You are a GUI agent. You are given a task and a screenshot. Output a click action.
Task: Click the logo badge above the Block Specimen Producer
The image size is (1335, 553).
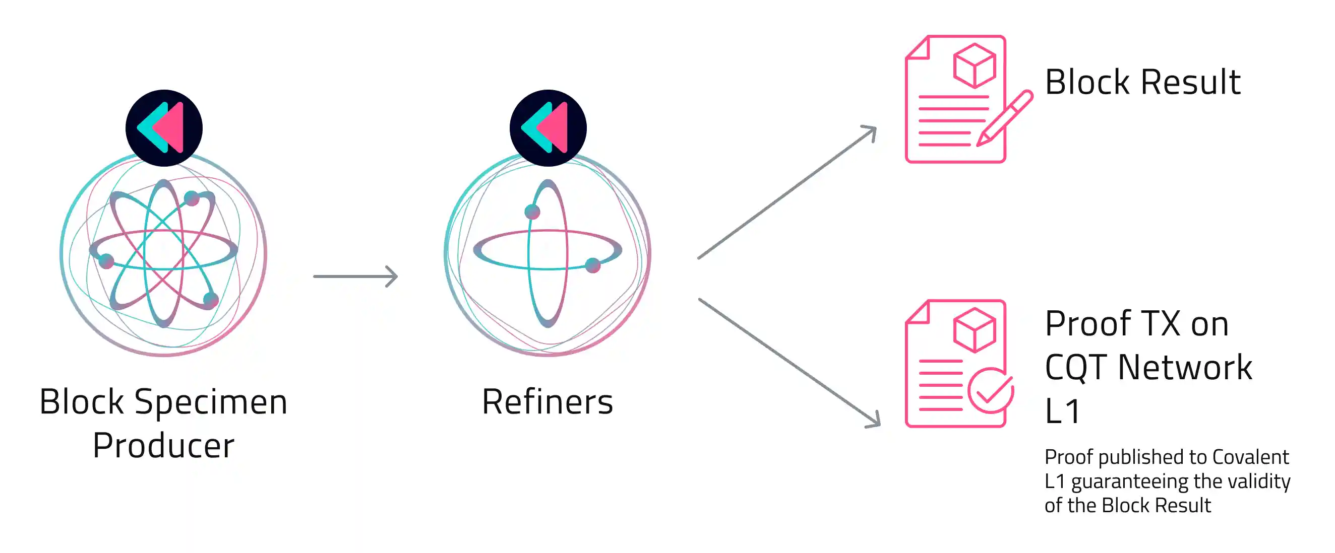click(x=164, y=128)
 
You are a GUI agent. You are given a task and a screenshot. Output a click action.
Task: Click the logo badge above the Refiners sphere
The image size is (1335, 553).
click(x=548, y=128)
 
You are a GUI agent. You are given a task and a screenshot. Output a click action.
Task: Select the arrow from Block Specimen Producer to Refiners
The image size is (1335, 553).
click(x=355, y=276)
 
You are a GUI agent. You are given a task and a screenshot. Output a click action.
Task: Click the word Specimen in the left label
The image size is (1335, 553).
click(x=210, y=402)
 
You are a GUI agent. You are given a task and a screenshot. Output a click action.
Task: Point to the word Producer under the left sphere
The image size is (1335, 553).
click(x=163, y=445)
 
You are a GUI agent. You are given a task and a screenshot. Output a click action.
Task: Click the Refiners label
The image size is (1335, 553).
click(x=548, y=402)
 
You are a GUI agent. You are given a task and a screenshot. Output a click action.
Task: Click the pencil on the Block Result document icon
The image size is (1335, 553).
click(x=1004, y=118)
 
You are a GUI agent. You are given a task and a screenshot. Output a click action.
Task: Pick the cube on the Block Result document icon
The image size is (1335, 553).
click(x=975, y=65)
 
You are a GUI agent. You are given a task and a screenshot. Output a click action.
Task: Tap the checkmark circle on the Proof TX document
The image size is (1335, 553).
click(x=990, y=390)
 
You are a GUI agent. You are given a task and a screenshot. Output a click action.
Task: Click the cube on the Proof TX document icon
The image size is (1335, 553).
click(x=975, y=330)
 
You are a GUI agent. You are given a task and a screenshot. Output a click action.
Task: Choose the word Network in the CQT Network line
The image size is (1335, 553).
click(x=1185, y=368)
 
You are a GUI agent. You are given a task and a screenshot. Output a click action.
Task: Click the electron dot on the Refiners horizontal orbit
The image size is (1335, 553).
click(x=592, y=265)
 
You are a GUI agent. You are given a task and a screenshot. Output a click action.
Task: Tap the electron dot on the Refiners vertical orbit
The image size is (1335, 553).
click(x=532, y=211)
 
